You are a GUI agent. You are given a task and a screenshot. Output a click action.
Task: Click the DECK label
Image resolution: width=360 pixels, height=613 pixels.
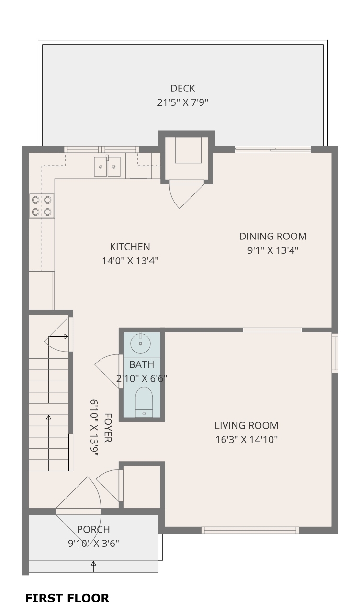point(183,89)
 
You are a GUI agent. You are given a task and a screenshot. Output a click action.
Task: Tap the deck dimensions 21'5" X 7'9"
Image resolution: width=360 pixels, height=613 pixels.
point(183,102)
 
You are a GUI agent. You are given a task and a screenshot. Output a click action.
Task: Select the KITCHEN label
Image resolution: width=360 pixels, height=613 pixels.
point(130,247)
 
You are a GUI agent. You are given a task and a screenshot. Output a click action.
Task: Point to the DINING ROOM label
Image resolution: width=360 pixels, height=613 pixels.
point(273,236)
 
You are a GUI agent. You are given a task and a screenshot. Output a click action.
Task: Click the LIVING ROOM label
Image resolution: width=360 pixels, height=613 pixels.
point(247,426)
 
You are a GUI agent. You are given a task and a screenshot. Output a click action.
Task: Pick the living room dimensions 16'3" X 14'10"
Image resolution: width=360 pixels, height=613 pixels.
point(247,440)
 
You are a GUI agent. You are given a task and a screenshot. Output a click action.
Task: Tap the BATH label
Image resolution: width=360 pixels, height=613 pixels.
point(142,364)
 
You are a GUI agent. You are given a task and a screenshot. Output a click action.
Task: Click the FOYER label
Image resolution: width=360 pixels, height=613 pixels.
point(108,428)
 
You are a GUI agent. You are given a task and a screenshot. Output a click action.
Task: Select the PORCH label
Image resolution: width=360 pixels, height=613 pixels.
point(93,529)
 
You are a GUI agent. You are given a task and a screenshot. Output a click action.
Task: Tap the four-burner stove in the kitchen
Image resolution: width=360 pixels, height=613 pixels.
point(42,206)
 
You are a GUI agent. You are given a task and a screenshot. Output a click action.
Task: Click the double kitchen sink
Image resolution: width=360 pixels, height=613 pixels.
point(107,166)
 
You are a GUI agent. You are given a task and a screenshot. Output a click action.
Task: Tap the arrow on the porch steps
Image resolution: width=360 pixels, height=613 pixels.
point(93,567)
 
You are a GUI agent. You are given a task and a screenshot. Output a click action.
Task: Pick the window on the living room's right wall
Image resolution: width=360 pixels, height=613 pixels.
point(335,353)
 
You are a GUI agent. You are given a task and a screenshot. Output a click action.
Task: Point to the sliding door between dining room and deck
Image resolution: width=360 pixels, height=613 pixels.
point(273,149)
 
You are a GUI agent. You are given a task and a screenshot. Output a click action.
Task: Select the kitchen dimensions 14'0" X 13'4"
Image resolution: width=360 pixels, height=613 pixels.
point(130,261)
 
